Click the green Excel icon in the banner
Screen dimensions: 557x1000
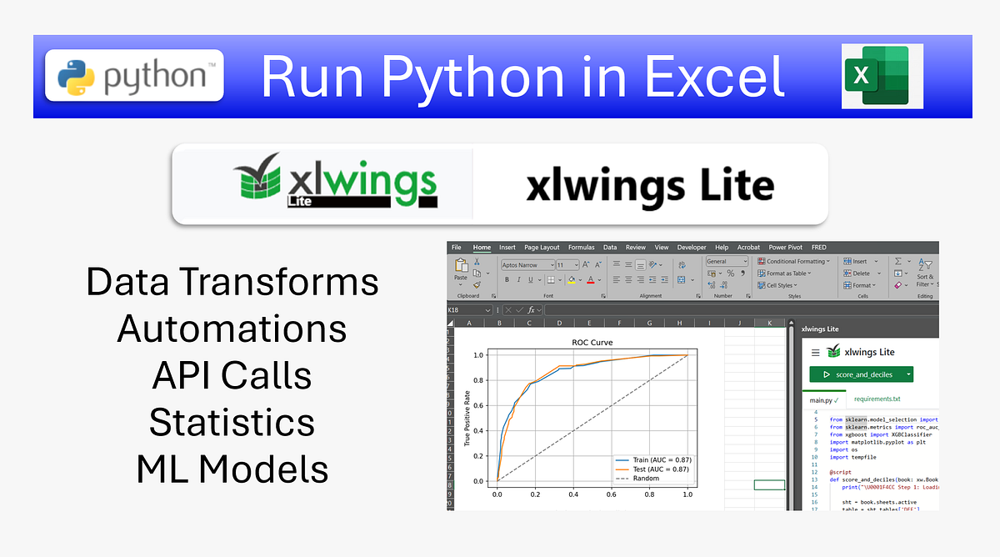pos(882,76)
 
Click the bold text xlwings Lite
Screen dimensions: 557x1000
pos(650,185)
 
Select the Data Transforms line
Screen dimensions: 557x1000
pos(232,282)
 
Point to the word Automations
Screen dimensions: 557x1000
pos(232,329)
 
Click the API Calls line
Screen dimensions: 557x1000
pos(232,375)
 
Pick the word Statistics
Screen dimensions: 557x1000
pos(232,422)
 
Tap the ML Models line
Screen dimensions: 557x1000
pos(232,469)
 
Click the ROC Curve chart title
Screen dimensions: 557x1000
pos(592,343)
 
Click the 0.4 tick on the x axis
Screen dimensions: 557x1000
pos(573,494)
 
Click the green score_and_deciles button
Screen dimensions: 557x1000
pos(861,375)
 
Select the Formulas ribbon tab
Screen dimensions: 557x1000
pos(582,248)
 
